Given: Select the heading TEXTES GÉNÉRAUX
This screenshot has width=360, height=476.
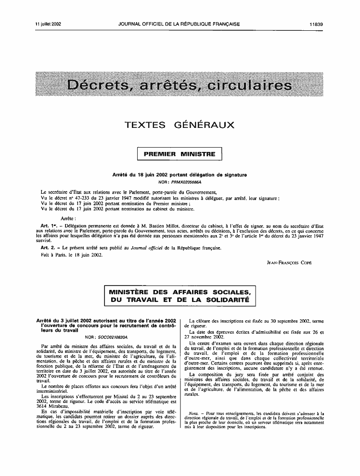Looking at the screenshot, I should pyautogui.click(x=180, y=126).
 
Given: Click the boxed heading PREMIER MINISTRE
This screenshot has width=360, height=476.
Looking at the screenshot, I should pyautogui.click(x=180, y=154).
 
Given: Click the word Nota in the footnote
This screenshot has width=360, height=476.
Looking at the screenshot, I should pyautogui.click(x=194, y=413).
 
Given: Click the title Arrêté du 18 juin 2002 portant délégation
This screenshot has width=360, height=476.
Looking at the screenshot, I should pyautogui.click(x=180, y=176).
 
